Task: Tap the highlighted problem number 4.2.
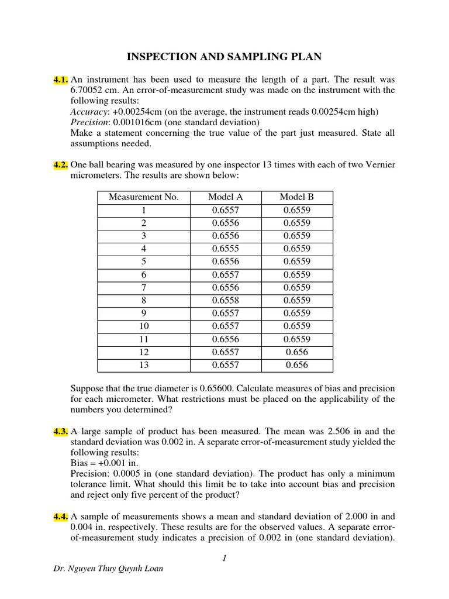click(x=61, y=165)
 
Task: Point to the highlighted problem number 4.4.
click(x=61, y=517)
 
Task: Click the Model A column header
click(x=226, y=197)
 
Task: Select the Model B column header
click(x=297, y=197)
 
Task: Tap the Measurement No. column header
click(x=144, y=197)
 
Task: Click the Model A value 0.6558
click(x=226, y=300)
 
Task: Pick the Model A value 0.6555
click(x=226, y=249)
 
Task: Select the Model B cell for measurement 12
click(x=297, y=352)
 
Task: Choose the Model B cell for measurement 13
click(x=297, y=365)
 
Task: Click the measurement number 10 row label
click(x=144, y=326)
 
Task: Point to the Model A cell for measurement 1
click(x=226, y=210)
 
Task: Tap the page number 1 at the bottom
click(x=224, y=558)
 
